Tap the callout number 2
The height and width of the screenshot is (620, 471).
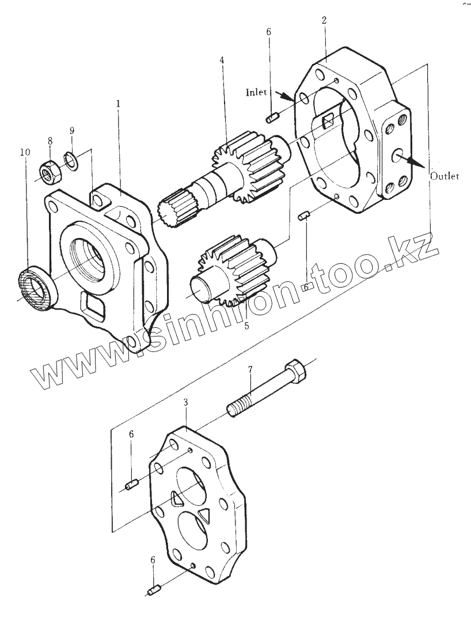[324, 21]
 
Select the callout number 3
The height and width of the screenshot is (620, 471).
[185, 402]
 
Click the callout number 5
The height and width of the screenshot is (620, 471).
[246, 326]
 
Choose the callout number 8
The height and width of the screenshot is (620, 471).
[50, 140]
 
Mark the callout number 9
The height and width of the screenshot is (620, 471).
[71, 131]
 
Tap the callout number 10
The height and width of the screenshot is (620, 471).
[24, 153]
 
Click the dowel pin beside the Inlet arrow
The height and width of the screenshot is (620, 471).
[272, 118]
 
